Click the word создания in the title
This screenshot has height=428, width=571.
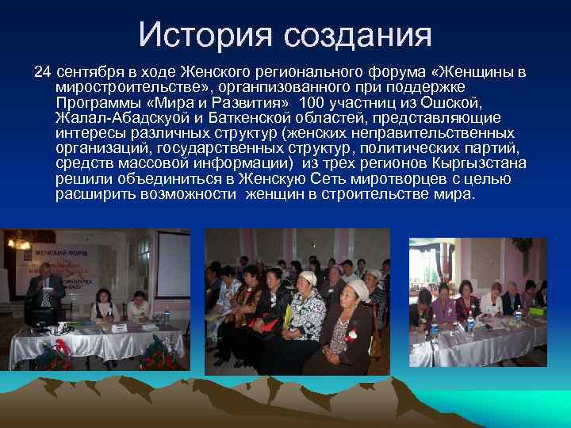point(354,35)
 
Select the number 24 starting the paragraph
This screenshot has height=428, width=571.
point(41,72)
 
